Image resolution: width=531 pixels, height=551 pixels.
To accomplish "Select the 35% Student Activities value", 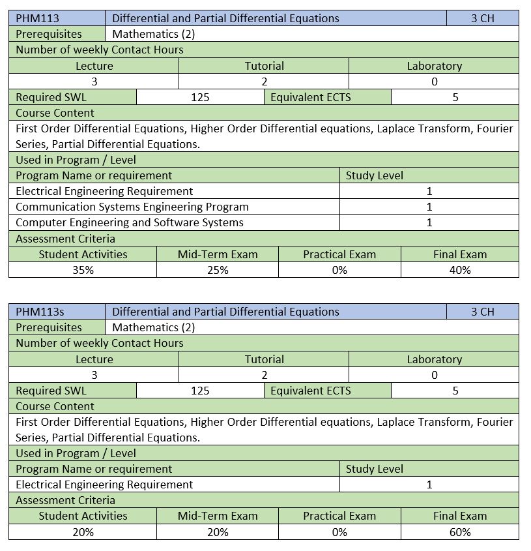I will click(x=83, y=270).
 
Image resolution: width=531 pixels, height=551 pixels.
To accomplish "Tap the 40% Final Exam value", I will click(x=460, y=270).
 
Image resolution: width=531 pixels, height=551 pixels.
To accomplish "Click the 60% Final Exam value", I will click(x=460, y=532).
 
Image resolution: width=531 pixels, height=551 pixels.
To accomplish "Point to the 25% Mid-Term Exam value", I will click(x=218, y=270).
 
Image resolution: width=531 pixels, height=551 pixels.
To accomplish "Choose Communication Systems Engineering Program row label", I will click(x=132, y=207).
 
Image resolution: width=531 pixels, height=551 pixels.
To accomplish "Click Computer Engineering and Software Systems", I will click(x=130, y=222).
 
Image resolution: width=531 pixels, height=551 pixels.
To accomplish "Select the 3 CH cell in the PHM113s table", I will click(x=483, y=312).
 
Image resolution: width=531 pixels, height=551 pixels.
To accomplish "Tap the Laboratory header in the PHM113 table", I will click(x=434, y=66).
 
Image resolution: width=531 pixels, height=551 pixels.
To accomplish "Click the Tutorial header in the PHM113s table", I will click(x=264, y=359).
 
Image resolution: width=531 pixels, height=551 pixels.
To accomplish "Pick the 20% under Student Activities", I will click(x=83, y=532).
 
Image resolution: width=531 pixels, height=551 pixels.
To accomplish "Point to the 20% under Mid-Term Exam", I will click(x=218, y=532).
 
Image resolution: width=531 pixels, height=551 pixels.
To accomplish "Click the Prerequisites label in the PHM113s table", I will click(x=49, y=327).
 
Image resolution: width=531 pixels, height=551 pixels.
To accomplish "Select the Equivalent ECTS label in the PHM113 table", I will click(x=310, y=97).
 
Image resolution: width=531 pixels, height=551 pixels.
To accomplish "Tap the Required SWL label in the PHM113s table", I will click(x=51, y=391).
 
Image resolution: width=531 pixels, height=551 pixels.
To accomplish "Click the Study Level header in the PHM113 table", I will click(x=375, y=175).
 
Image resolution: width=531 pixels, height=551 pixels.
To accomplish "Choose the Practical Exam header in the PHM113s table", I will click(x=339, y=516).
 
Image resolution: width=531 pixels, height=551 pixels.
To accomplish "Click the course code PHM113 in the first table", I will click(x=37, y=18).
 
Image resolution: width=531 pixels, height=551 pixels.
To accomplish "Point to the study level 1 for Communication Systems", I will click(x=429, y=207).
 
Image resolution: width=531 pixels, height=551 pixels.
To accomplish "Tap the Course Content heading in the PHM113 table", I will click(x=55, y=113).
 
